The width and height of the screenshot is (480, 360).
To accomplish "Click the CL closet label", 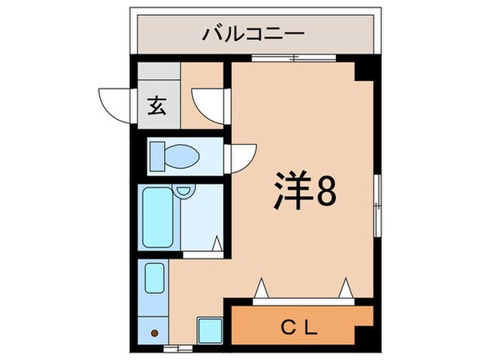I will pyautogui.click(x=301, y=326).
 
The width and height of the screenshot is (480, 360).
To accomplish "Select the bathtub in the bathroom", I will pyautogui.click(x=158, y=218).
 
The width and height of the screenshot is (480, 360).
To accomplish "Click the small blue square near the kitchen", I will pyautogui.click(x=210, y=329).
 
